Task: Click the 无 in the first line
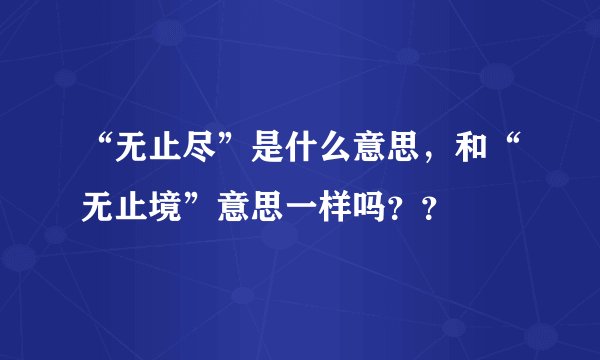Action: click(130, 152)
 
